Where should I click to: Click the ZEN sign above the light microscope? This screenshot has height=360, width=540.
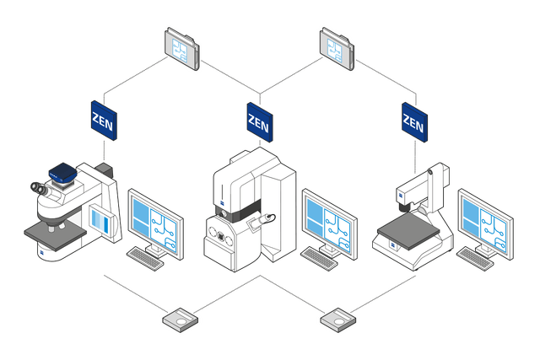click(x=103, y=121)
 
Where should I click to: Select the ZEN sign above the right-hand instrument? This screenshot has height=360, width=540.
click(x=413, y=123)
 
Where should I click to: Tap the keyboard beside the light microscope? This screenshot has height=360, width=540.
click(x=146, y=258)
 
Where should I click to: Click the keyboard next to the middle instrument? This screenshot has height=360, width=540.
click(x=320, y=258)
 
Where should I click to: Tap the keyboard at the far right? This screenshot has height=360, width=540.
click(x=475, y=258)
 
